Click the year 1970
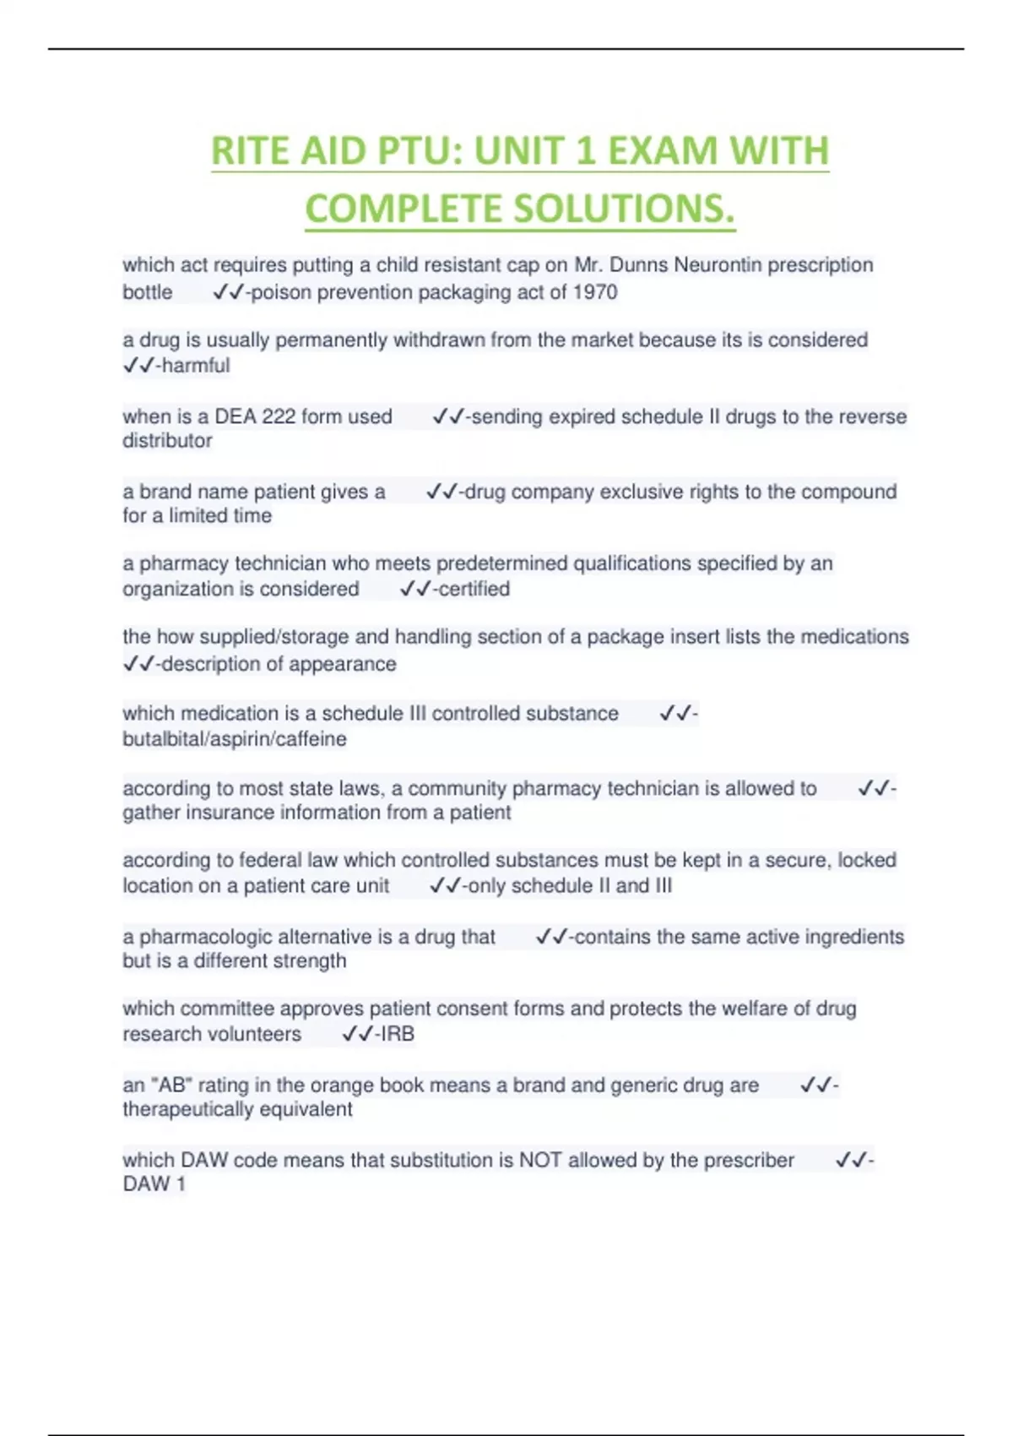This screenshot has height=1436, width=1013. (595, 292)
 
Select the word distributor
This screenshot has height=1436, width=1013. (167, 441)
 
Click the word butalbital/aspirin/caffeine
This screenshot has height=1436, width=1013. (235, 739)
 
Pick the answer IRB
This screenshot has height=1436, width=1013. (398, 1034)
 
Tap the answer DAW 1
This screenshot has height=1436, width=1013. (154, 1184)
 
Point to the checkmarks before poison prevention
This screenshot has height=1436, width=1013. (227, 292)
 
